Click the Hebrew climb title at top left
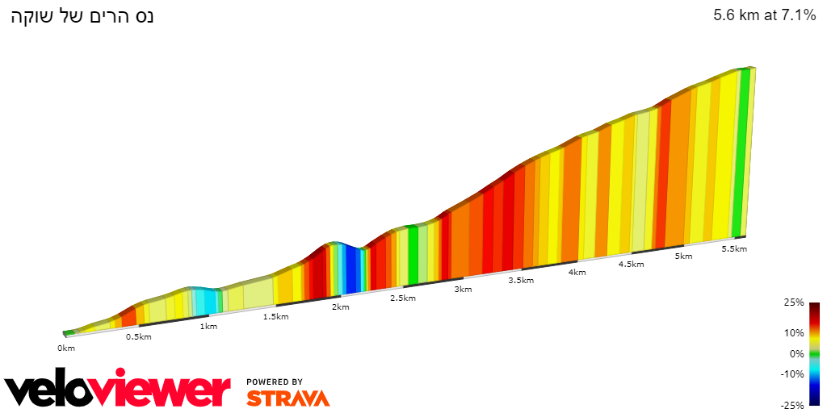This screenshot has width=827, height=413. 82,16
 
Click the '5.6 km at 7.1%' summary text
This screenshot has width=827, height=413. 764,15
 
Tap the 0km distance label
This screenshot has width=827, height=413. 66,348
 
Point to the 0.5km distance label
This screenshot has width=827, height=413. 139,336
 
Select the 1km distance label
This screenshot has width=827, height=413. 208,327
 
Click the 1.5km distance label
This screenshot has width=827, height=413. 275,316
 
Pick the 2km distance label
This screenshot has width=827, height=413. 341,307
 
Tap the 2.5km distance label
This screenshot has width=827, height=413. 403,298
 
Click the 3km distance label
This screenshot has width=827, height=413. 463,289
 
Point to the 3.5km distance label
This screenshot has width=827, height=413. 521,281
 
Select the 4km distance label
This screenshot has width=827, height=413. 577,272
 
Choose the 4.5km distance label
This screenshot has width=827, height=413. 631,264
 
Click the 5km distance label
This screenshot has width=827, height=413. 683,257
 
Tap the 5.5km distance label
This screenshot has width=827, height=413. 734,248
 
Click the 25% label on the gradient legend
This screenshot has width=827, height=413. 794,302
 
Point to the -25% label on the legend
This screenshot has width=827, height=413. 792,405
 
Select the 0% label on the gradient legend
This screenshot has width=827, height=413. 796,353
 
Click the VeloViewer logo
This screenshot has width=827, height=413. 117,390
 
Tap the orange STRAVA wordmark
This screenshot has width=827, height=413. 288,398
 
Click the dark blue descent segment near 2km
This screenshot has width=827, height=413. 352,270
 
